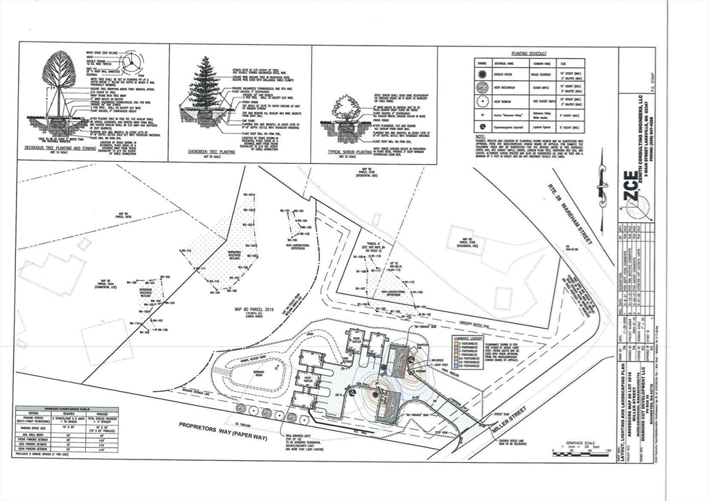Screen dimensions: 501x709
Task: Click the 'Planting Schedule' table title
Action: point(528,53)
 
